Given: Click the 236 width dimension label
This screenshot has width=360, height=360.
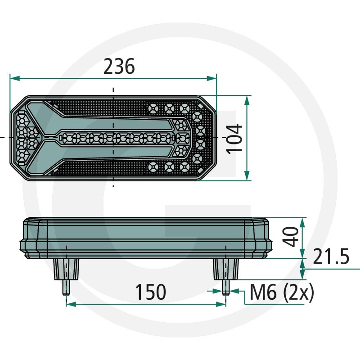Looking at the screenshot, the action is [119, 66].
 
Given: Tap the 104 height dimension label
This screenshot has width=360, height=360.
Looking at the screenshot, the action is [234, 139].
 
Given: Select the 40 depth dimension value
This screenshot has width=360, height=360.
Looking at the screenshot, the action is [290, 237].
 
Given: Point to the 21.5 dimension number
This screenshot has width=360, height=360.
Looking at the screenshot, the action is [331, 256].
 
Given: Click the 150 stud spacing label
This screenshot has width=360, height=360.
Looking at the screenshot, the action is [151, 292].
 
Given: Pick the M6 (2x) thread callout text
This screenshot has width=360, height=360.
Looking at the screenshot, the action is [282, 292].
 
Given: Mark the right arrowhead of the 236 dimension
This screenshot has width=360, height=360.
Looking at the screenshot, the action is [211, 78].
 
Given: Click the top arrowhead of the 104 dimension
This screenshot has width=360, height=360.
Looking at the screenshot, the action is [247, 100].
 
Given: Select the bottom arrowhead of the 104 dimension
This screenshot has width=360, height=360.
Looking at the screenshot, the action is [247, 175].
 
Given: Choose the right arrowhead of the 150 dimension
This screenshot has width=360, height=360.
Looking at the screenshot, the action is [221, 305].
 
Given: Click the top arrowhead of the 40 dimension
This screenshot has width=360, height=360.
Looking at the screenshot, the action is [302, 223].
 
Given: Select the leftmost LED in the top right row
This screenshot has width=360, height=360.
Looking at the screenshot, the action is [153, 108].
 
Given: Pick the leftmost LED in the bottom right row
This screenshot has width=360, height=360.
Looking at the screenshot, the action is [153, 167].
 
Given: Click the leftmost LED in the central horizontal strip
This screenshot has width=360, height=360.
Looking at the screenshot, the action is [68, 139].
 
